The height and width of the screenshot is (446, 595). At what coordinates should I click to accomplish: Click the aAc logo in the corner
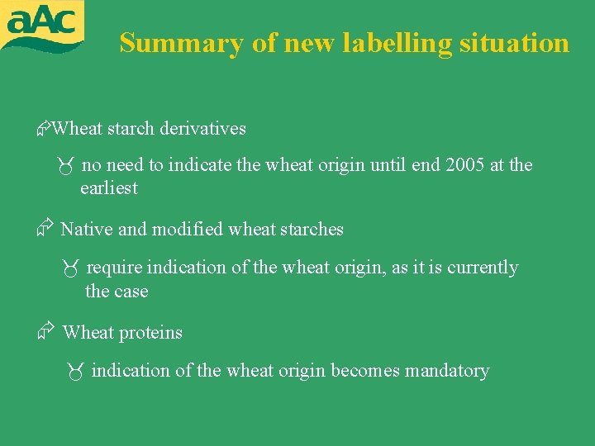point(42,26)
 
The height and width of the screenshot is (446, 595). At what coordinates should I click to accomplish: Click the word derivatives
point(202,128)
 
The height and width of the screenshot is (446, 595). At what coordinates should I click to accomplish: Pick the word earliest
point(109,187)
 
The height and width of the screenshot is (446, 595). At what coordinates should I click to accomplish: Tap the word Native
point(87,229)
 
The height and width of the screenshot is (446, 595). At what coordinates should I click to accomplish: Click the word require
point(114,268)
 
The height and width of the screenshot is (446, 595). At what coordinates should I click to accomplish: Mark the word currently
point(483,268)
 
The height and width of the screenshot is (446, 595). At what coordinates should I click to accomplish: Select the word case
point(131,291)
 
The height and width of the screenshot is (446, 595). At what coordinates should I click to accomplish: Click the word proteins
point(151,332)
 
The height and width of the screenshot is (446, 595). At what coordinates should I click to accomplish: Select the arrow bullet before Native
point(46,228)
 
